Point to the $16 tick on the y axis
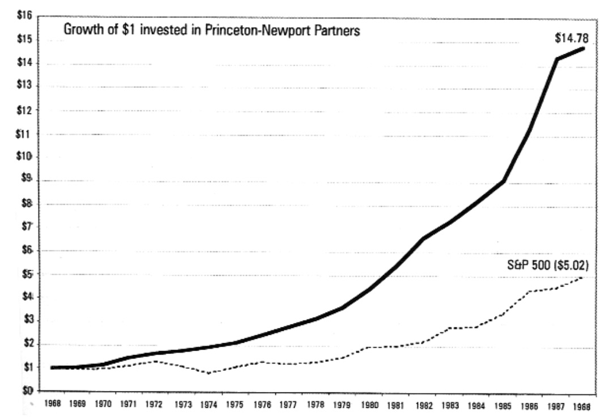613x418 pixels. [x=24, y=15]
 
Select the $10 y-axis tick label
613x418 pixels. [x=24, y=156]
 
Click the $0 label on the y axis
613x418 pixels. [x=26, y=391]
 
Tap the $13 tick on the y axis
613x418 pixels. [x=24, y=86]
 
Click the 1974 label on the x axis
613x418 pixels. [x=208, y=405]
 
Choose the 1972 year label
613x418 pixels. [x=154, y=405]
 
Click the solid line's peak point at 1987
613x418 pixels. [x=557, y=59]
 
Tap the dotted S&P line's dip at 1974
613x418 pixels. [x=208, y=373]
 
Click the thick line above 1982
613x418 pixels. [x=423, y=238]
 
